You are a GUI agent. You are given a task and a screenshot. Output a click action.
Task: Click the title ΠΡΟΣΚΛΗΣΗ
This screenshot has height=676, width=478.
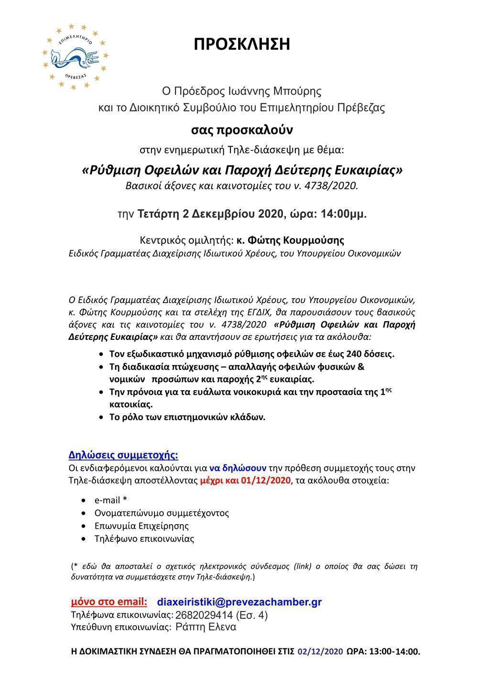point(242,44)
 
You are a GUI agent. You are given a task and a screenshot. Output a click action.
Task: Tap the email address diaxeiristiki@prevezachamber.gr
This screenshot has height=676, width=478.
point(239,602)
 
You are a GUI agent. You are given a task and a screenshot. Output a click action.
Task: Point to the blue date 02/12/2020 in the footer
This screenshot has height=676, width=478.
point(320,652)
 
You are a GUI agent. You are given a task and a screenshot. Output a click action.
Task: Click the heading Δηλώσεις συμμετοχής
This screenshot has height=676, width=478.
point(123,454)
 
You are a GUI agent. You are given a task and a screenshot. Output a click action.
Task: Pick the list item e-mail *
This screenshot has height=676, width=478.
point(110,500)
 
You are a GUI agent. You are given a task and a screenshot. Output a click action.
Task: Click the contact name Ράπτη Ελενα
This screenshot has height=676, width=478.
point(206,627)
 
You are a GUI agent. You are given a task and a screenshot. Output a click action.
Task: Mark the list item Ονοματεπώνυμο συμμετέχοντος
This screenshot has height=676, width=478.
point(162,513)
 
